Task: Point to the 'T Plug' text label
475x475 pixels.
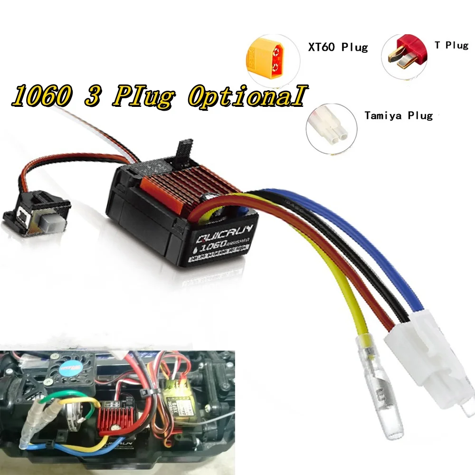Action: coord(451,45)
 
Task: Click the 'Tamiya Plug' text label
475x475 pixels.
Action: coord(399,115)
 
